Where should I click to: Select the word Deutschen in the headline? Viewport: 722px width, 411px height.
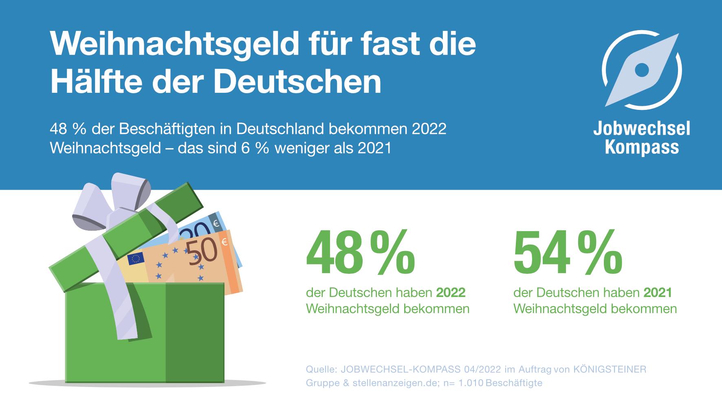297,81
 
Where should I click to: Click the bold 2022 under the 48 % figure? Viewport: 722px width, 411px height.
451,293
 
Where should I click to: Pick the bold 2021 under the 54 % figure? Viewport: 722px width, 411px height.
658,293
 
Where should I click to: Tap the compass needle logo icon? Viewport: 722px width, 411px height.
642,70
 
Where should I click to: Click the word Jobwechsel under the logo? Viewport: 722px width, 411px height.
641,129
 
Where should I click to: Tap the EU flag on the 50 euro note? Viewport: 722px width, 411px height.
136,259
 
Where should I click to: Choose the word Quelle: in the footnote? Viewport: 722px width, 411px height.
321,369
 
